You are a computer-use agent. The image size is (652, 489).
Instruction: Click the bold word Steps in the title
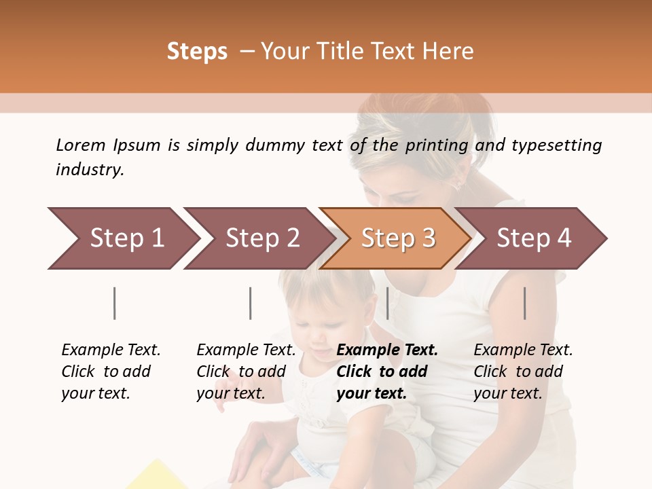(x=197, y=52)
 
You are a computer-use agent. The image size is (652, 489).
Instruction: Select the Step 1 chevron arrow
(x=122, y=238)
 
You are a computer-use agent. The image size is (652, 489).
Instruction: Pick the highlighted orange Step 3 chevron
(x=396, y=238)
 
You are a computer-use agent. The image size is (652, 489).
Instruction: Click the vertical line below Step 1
(x=115, y=303)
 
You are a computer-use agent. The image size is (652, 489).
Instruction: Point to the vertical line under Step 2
(x=251, y=303)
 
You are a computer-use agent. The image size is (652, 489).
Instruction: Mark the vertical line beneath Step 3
(x=388, y=303)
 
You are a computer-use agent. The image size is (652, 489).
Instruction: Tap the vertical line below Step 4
(x=525, y=303)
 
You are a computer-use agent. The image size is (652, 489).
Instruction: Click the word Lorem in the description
(x=81, y=145)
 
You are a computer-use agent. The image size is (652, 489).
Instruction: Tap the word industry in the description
(x=90, y=170)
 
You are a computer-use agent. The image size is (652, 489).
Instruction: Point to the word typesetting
(x=556, y=145)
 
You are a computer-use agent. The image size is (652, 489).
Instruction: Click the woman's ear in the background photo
(x=457, y=182)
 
